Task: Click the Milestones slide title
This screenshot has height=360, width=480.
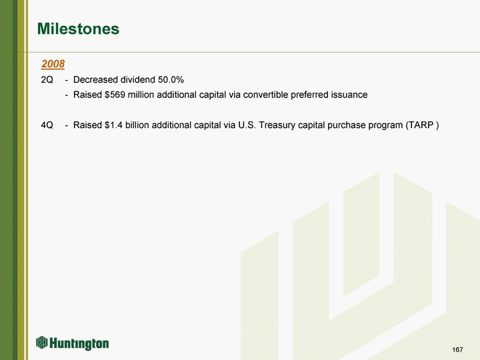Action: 78,29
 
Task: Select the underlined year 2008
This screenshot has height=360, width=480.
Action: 53,64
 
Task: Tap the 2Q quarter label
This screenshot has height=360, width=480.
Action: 47,80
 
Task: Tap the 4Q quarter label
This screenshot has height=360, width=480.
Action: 47,125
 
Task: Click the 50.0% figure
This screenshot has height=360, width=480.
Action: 171,79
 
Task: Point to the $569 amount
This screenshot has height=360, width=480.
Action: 115,95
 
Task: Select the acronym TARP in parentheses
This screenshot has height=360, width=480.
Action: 422,125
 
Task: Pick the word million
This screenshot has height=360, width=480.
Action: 141,95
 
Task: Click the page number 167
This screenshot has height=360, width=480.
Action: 457,349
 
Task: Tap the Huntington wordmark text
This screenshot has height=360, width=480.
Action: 79,343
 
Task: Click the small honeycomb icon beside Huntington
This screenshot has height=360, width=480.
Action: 42,342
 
